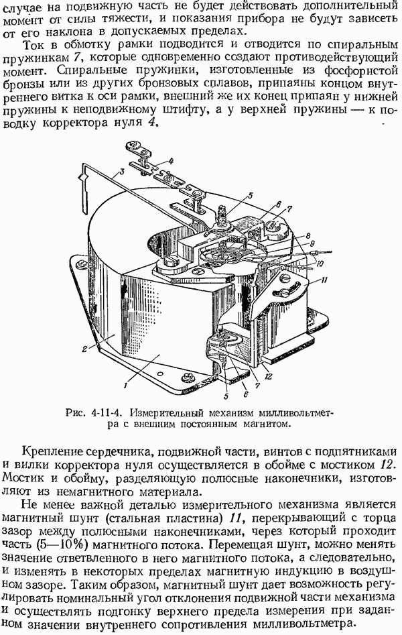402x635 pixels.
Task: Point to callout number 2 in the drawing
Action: (84, 349)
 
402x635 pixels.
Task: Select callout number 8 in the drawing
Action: (308, 235)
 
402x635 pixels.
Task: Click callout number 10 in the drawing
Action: (319, 264)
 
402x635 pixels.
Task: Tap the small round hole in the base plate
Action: (160, 373)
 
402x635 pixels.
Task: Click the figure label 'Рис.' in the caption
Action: (74, 413)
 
